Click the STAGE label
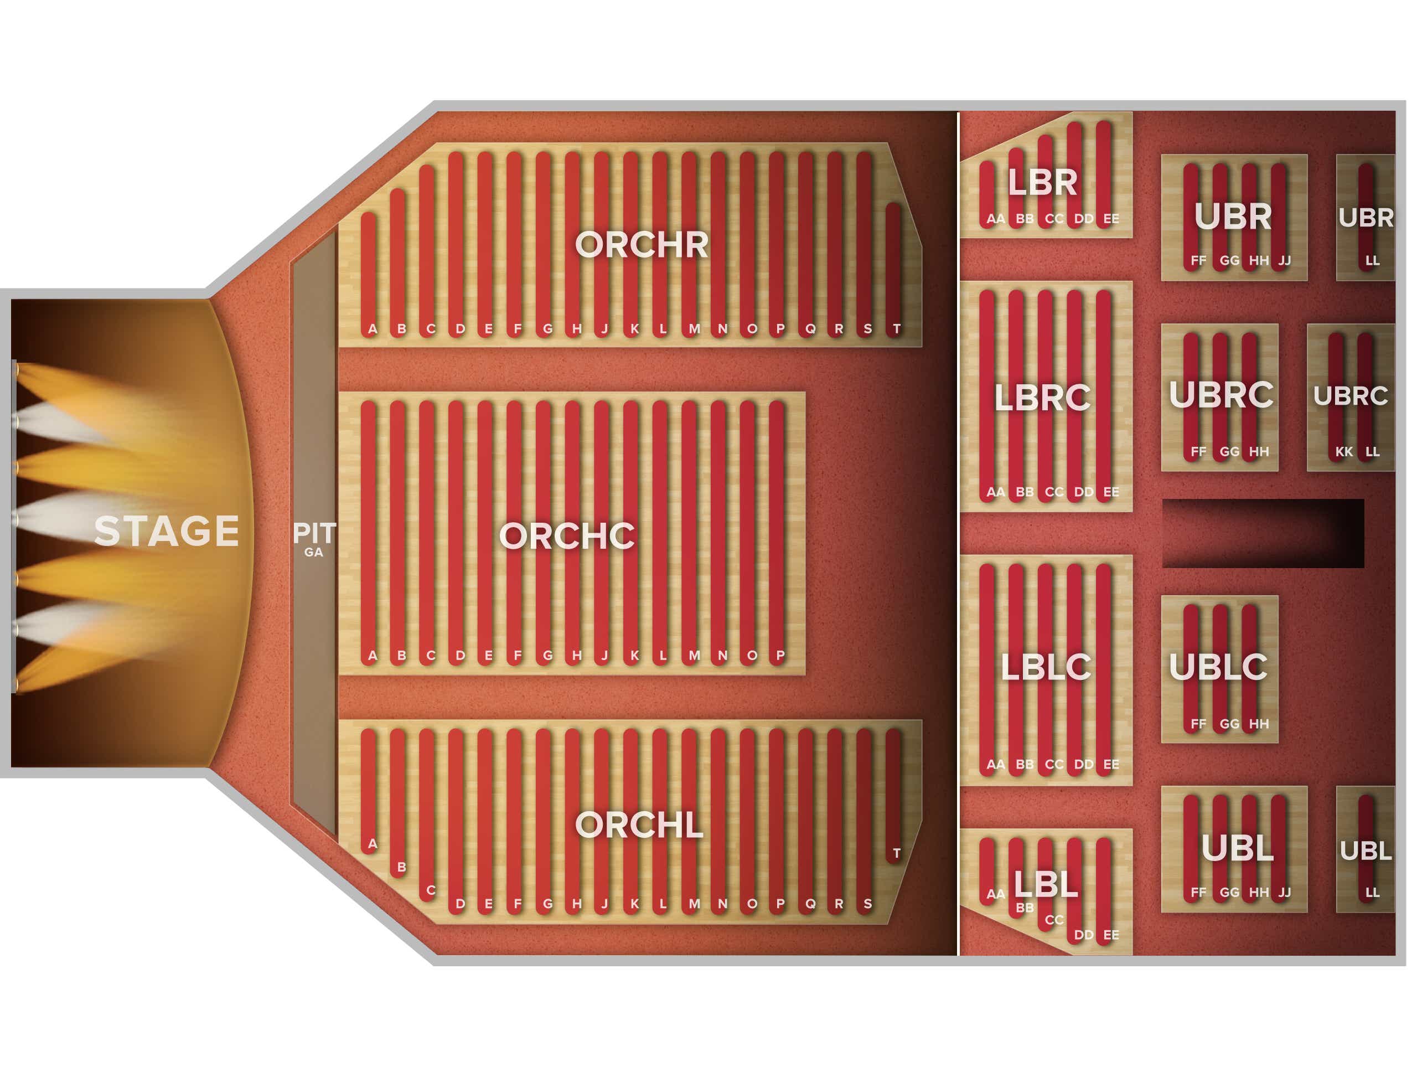[167, 531]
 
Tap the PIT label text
[314, 533]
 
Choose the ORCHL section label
[639, 824]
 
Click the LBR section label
[1043, 183]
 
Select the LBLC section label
[1046, 668]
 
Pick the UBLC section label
[1218, 668]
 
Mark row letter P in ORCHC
[780, 656]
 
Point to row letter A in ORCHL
[372, 844]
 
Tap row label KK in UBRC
[1344, 452]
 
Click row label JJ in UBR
[1284, 261]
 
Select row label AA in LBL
[995, 894]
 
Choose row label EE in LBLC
[1111, 765]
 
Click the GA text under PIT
[314, 553]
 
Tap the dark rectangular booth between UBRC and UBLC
[1263, 533]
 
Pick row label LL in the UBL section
[1372, 893]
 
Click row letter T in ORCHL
[897, 853]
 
